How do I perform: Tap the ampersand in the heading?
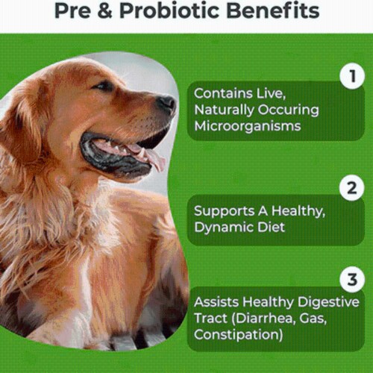104,10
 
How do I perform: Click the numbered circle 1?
352,76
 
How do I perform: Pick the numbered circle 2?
352,188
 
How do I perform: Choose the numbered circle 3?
352,279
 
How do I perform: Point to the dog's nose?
166,103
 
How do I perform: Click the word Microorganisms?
248,127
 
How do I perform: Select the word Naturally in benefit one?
225,110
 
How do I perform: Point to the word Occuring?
288,110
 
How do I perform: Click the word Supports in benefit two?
225,212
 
